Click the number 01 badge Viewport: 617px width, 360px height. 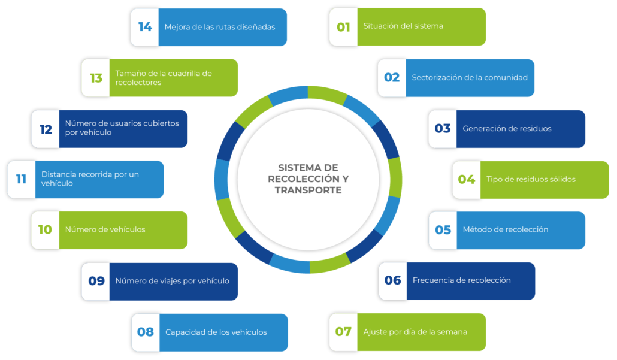point(343,27)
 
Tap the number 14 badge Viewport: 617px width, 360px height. point(145,27)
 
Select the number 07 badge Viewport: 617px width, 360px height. point(343,332)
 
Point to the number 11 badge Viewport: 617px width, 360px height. point(21,179)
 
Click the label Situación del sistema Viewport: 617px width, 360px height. point(403,26)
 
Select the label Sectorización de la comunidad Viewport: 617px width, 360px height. point(470,78)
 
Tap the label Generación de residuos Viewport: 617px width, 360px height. point(507,129)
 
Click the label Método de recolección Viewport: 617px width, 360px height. point(506,230)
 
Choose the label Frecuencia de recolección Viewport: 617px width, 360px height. point(461,280)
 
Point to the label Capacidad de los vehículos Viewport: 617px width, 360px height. point(216,332)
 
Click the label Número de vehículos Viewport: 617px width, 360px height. point(105,229)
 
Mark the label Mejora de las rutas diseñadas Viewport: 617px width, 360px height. point(220,27)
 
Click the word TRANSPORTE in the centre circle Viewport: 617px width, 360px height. point(308,190)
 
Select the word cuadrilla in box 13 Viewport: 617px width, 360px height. point(186,74)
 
